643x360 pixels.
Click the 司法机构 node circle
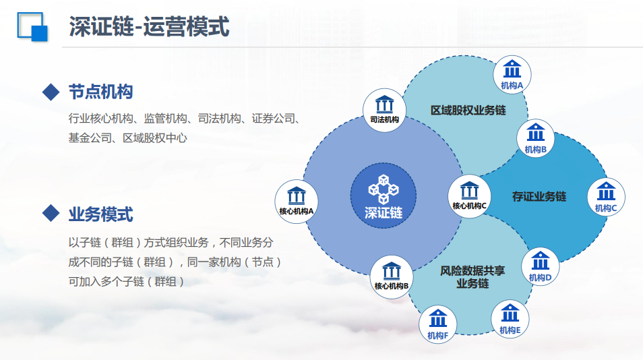pos(384,110)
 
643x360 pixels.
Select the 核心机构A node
pos(296,202)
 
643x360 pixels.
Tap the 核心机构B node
pos(391,277)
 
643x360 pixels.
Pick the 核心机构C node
pos(469,196)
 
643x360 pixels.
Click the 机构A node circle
pos(512,75)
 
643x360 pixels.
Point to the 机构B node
pos(535,138)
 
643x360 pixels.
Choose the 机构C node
pos(606,197)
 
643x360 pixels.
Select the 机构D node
pos(540,266)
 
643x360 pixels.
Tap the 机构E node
pos(510,319)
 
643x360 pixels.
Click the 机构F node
pos(437,324)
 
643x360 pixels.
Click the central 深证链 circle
pos(383,196)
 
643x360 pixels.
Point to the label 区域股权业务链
pos(468,111)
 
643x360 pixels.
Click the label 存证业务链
pos(539,196)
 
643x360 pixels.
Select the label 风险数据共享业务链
pos(472,277)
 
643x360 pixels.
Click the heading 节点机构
pos(101,92)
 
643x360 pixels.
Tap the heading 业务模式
pos(101,214)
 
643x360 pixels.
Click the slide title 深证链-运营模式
pos(149,27)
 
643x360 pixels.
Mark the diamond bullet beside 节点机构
pos(51,92)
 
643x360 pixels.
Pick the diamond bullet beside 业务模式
pos(51,213)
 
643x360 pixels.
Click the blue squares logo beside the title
pos(32,27)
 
